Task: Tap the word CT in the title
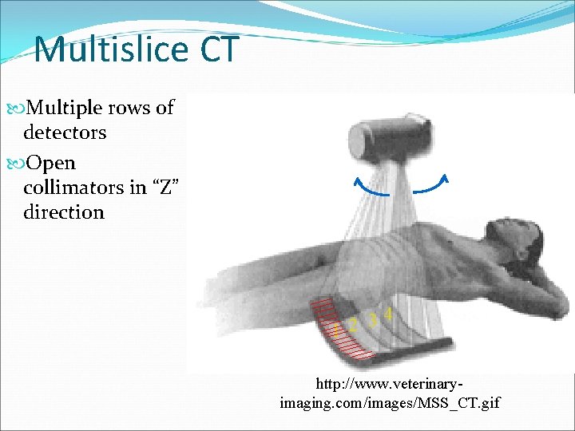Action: click(218, 49)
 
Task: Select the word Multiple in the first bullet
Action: click(77, 108)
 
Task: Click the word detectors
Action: click(65, 132)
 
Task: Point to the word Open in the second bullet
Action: click(50, 163)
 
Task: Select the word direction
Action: click(64, 212)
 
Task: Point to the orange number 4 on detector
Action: click(388, 314)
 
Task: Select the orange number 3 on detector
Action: click(373, 320)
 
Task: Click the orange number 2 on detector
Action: click(353, 326)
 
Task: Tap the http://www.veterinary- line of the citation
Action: click(390, 385)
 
